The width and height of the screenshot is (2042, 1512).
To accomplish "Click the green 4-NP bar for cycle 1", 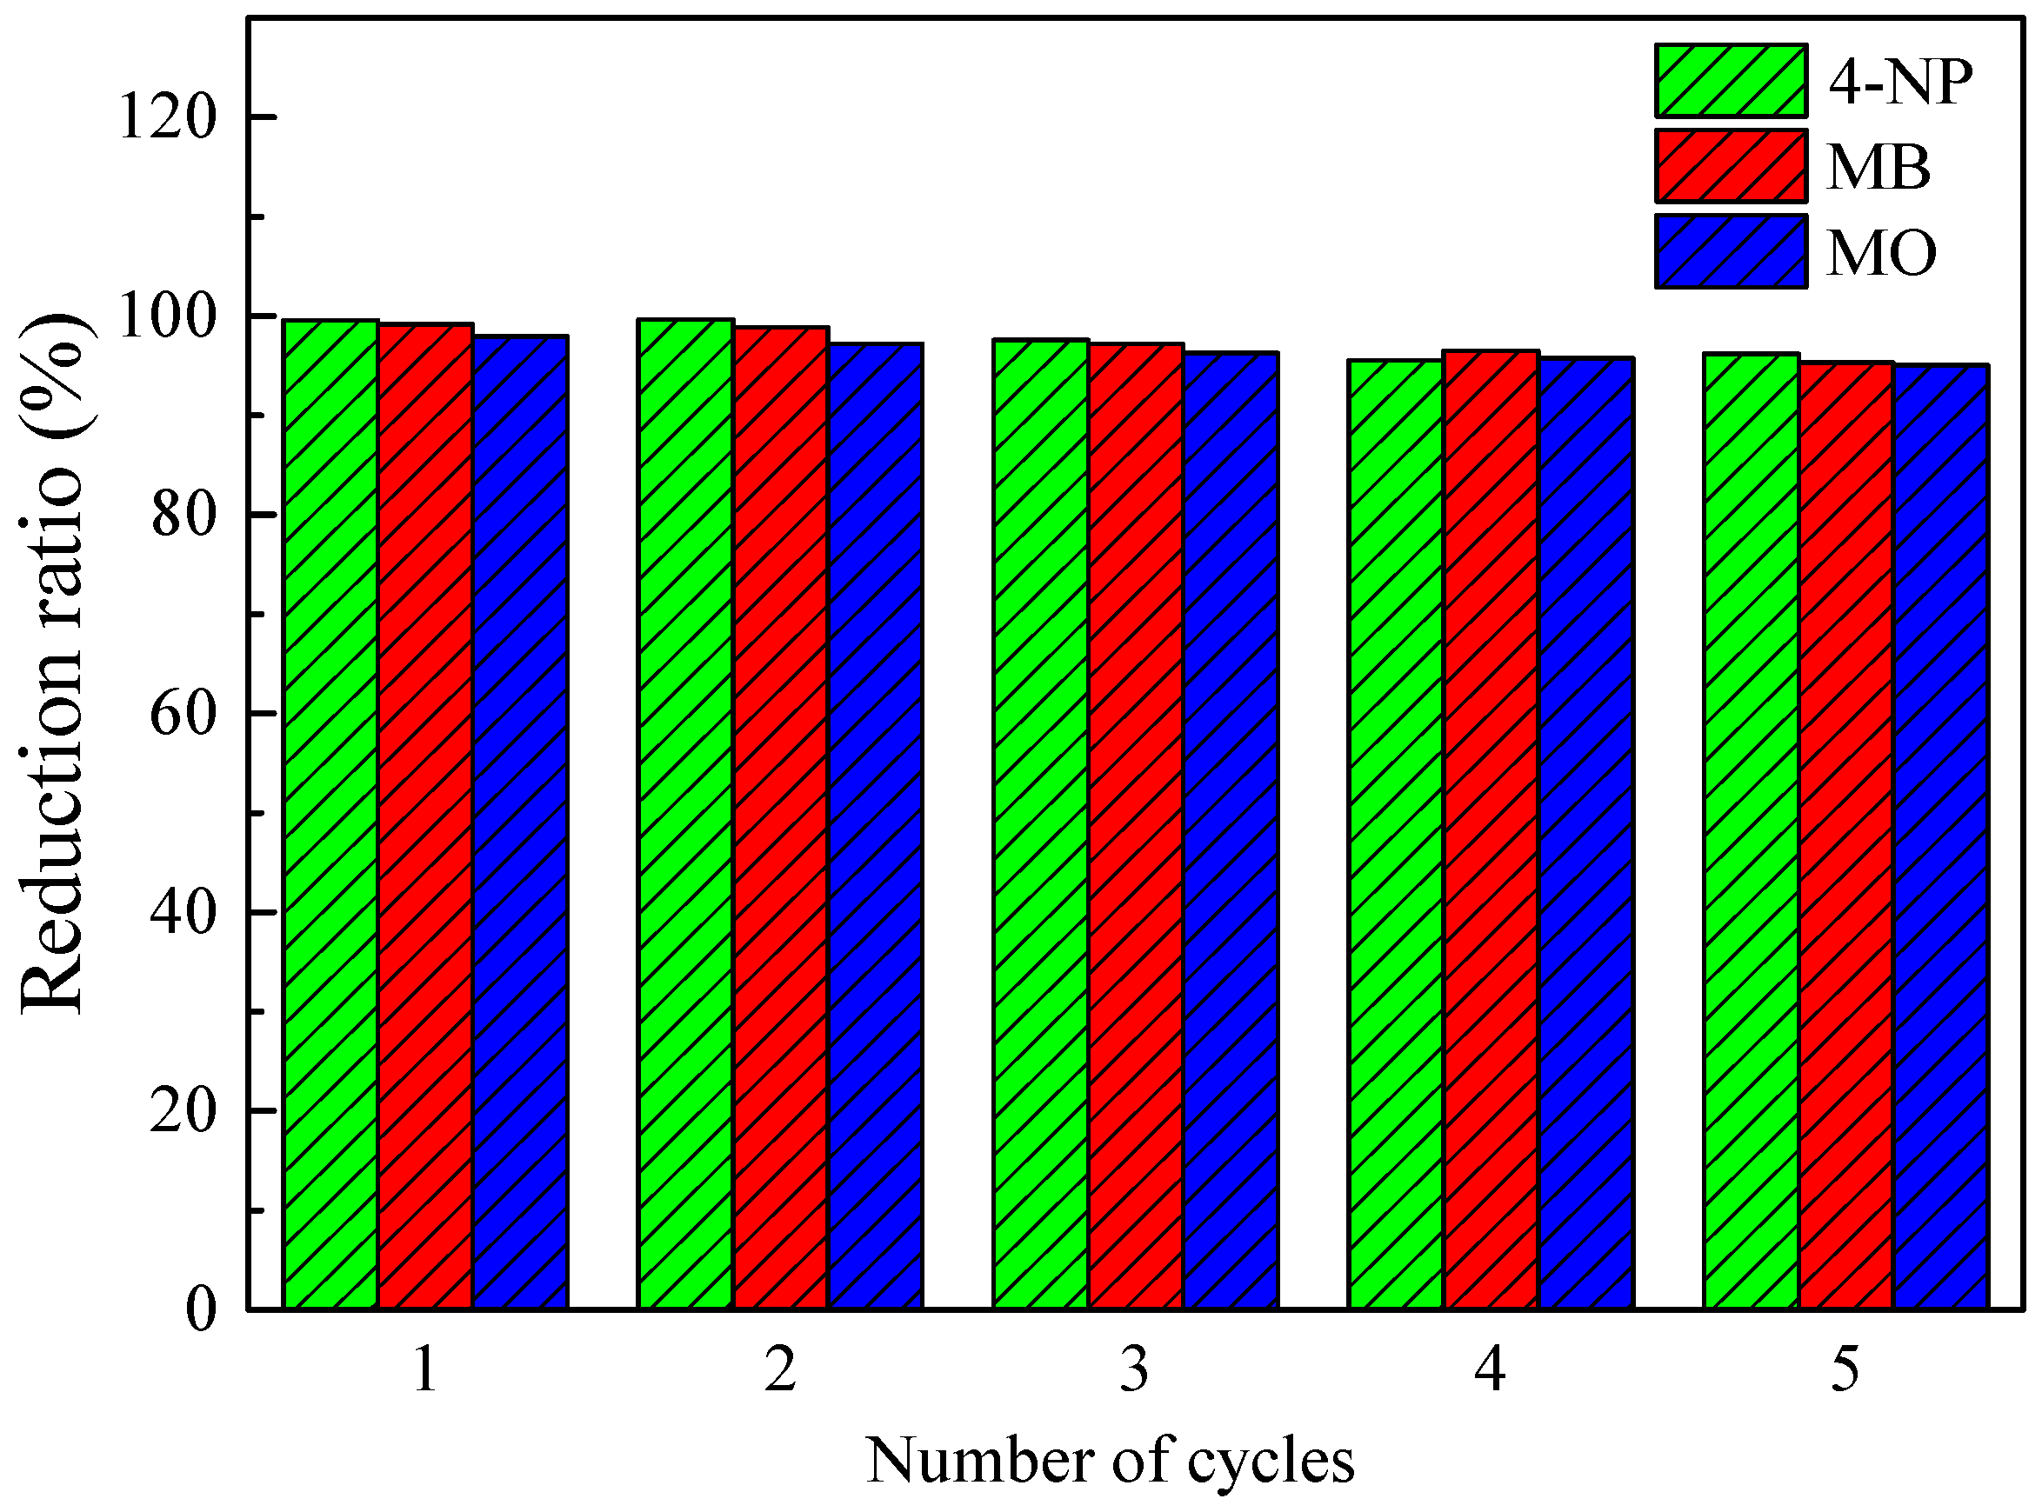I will [x=331, y=815].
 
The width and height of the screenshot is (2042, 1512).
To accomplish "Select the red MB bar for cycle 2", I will [x=781, y=817].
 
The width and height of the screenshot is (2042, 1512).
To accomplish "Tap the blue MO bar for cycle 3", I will [x=1231, y=830].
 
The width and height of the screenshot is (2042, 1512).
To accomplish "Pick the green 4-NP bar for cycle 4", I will [x=1396, y=834].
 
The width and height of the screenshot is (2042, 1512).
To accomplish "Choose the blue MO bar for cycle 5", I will [x=1940, y=836].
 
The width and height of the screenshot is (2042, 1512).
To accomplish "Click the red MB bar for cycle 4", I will [x=1491, y=829].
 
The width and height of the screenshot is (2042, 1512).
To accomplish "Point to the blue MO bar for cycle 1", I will [x=521, y=822].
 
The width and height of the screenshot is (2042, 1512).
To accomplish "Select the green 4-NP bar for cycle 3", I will [x=1041, y=823].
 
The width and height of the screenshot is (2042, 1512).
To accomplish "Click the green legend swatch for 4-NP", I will [x=1731, y=81].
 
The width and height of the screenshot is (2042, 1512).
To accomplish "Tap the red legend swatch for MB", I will [x=1731, y=166].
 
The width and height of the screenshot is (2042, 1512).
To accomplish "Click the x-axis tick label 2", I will [x=780, y=1371].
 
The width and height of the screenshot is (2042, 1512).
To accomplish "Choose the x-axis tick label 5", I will [x=1845, y=1371].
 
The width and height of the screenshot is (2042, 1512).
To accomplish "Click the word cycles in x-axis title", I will [x=1271, y=1462].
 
